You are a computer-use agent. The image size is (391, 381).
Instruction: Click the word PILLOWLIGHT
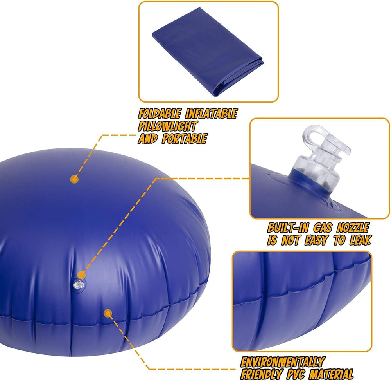(167, 126)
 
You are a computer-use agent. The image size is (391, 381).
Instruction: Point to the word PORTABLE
(187, 139)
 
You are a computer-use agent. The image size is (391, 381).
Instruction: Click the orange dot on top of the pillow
(74, 179)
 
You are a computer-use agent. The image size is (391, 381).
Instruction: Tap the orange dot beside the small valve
(81, 275)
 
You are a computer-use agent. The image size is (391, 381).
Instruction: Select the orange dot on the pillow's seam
(108, 313)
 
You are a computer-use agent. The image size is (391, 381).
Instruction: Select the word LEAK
(357, 240)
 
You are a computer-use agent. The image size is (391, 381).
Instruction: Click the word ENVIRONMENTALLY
(282, 361)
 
